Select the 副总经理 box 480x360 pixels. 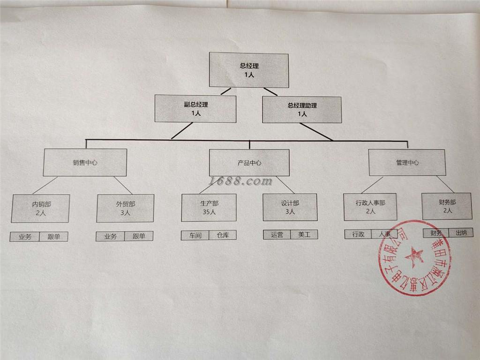point(195,109)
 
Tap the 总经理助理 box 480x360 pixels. point(302,109)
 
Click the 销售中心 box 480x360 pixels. point(85,162)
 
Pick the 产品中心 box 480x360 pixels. point(249,163)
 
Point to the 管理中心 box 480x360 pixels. point(406,163)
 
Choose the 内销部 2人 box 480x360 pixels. point(41,208)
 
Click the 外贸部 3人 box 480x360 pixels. point(125,208)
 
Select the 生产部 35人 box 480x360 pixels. point(209,207)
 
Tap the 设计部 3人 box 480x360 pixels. point(290,207)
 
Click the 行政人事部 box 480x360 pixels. point(370,207)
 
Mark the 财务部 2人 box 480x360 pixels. point(447,206)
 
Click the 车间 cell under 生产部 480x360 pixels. point(195,235)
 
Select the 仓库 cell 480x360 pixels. point(223,235)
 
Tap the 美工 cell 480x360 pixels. point(304,234)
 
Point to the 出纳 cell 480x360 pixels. point(461,233)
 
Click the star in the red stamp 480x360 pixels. point(414,256)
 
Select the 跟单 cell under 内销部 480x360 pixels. point(53,237)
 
